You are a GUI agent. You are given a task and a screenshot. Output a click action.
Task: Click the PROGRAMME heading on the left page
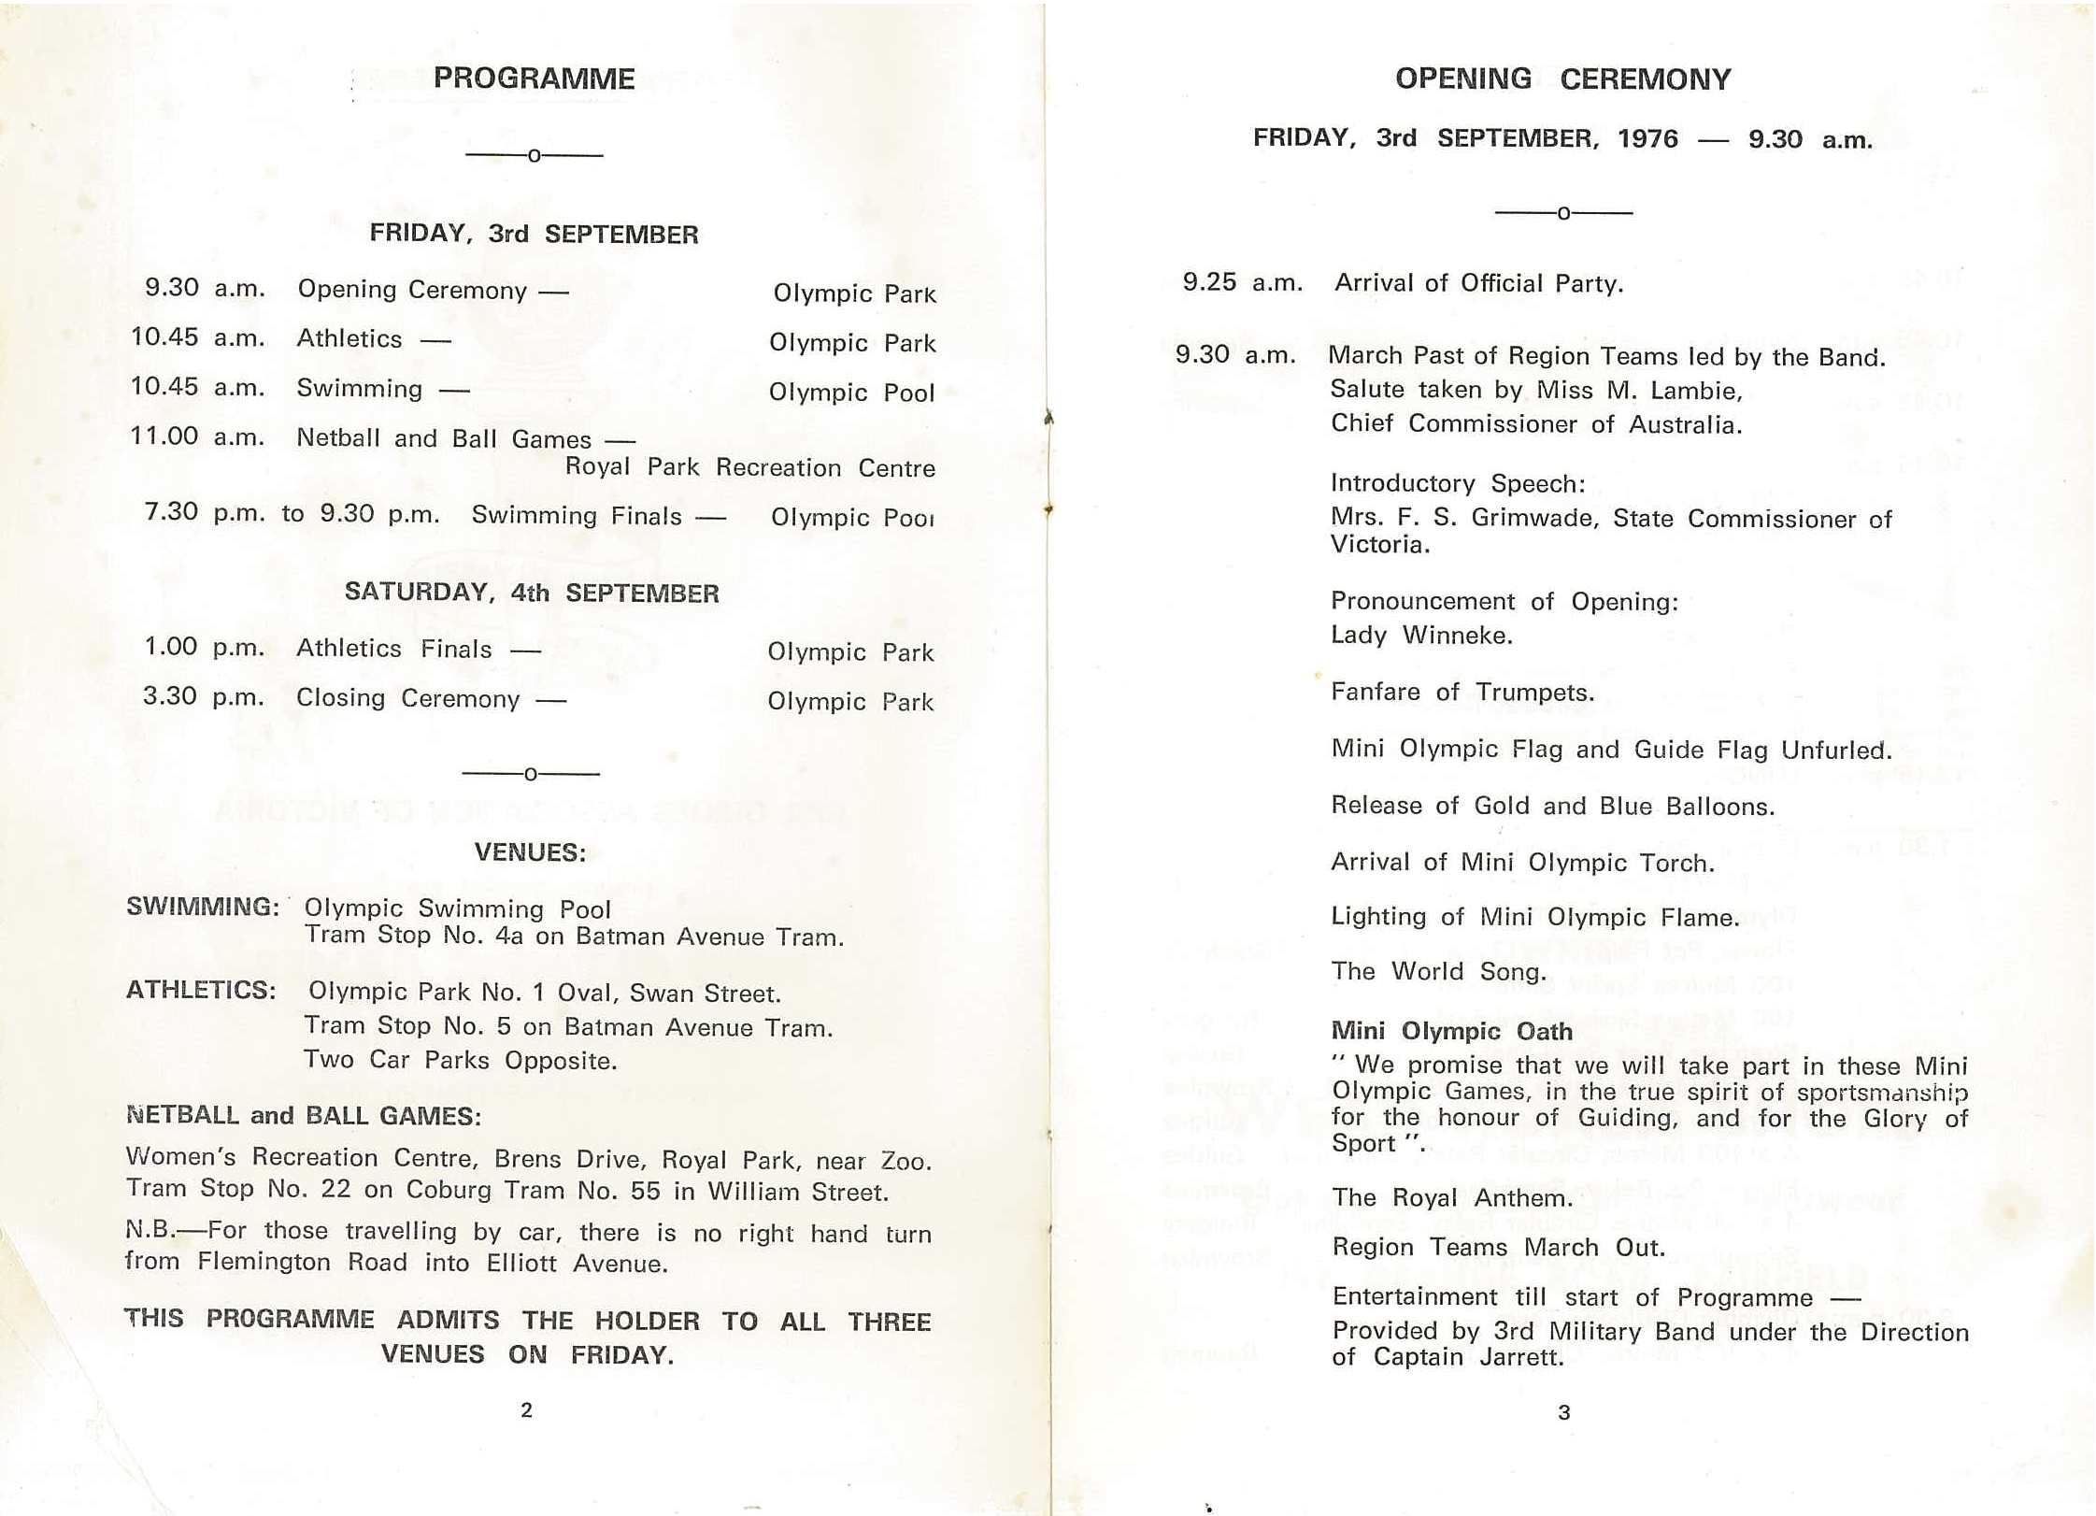[534, 79]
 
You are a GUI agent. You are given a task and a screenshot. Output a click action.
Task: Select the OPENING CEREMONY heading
[1562, 79]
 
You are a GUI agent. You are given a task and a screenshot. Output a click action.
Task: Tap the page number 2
[526, 1410]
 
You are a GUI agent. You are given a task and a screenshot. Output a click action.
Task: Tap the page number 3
[1564, 1413]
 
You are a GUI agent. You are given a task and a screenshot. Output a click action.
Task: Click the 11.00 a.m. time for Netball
[197, 436]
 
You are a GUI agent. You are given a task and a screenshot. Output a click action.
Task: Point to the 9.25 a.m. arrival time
[1242, 282]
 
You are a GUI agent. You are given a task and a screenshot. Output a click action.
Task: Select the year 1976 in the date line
[1647, 139]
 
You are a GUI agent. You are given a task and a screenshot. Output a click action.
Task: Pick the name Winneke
[1457, 636]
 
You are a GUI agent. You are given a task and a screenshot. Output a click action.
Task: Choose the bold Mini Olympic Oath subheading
[1451, 1031]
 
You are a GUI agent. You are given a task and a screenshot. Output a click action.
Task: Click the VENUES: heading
[530, 852]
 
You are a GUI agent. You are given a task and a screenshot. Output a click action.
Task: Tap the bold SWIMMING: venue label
[203, 907]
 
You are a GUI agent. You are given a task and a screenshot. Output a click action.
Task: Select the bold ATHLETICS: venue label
[201, 990]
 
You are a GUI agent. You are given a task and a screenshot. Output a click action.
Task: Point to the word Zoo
[905, 1162]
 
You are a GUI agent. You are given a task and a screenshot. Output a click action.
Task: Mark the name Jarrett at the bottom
[1521, 1358]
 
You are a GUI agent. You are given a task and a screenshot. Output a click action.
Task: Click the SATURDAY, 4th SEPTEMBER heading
[532, 593]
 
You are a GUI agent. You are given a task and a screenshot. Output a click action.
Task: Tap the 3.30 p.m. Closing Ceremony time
[204, 696]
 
